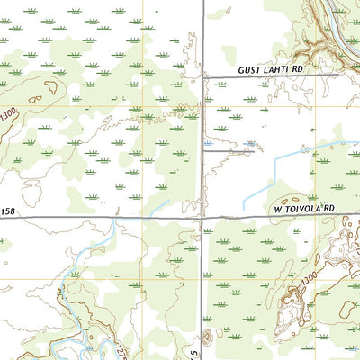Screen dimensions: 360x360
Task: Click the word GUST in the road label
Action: tap(249, 69)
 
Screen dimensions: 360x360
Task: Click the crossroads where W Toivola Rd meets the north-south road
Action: tap(202, 217)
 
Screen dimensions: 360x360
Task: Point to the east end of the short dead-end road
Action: tap(253, 150)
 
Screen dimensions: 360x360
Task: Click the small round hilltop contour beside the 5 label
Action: tap(207, 336)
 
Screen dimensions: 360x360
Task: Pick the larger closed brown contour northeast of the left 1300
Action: tap(45, 87)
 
